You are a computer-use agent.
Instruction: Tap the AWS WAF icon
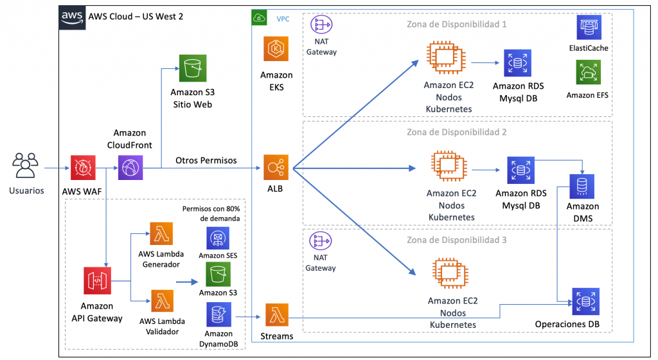[x=83, y=168]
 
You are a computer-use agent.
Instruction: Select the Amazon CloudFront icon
[x=130, y=168]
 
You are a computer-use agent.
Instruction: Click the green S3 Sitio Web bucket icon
[x=191, y=67]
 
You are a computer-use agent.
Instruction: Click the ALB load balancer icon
[x=276, y=168]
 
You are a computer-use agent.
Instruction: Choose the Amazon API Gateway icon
[x=96, y=280]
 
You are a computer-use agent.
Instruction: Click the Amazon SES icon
[x=217, y=238]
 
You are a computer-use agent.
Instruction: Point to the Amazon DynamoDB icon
[x=218, y=315]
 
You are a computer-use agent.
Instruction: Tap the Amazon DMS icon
[x=582, y=186]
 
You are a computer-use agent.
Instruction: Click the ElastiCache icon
[x=588, y=28]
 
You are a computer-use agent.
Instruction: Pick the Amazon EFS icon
[x=588, y=73]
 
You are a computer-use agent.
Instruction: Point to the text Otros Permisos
[x=206, y=160]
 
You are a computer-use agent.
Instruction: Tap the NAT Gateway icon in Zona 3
[x=320, y=242]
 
